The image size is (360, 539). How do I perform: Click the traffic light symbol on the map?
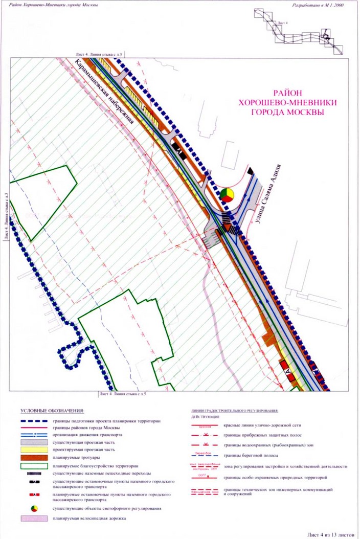pos(227,194)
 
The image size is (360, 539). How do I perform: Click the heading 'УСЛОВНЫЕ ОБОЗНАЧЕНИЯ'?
pos(54,411)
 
